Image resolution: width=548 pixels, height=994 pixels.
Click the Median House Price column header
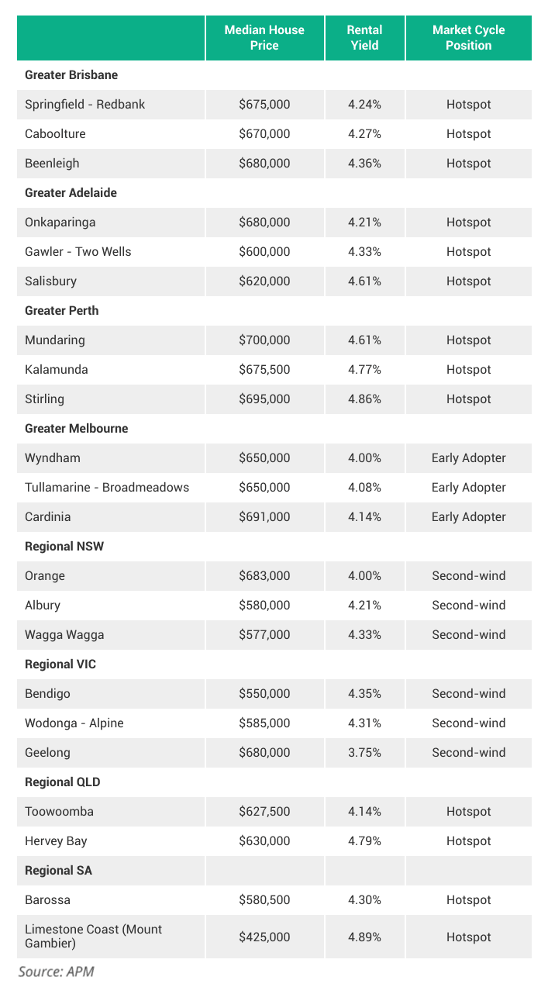[x=264, y=38]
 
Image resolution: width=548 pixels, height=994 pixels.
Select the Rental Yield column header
[x=364, y=38]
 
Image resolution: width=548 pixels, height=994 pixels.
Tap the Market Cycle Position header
[x=468, y=38]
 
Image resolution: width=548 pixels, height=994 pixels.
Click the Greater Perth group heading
[x=62, y=311]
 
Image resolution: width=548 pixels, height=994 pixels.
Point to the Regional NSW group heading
[x=64, y=547]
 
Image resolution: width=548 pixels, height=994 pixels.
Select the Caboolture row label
[x=55, y=134]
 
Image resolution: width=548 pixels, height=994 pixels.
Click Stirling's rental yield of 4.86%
[x=364, y=399]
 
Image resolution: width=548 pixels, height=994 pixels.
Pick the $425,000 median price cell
[x=264, y=937]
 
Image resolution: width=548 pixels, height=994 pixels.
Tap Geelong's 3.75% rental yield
[x=364, y=753]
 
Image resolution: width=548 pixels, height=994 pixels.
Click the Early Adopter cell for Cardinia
[x=468, y=517]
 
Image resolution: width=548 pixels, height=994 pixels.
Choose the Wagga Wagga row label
[x=64, y=635]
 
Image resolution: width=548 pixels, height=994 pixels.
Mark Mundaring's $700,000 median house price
[x=264, y=340]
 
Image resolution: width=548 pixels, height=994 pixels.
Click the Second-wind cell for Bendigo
[x=468, y=694]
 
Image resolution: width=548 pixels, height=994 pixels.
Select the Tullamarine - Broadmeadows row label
[x=107, y=488]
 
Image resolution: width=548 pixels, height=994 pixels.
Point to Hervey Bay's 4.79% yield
[x=364, y=841]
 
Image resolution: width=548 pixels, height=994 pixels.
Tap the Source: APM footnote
[x=56, y=972]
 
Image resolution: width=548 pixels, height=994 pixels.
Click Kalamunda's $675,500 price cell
[x=264, y=370]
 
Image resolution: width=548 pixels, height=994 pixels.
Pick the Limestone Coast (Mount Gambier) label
[x=93, y=937]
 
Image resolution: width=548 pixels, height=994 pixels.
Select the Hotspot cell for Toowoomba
[x=468, y=812]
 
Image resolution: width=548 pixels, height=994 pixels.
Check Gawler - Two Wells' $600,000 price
[x=264, y=252]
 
